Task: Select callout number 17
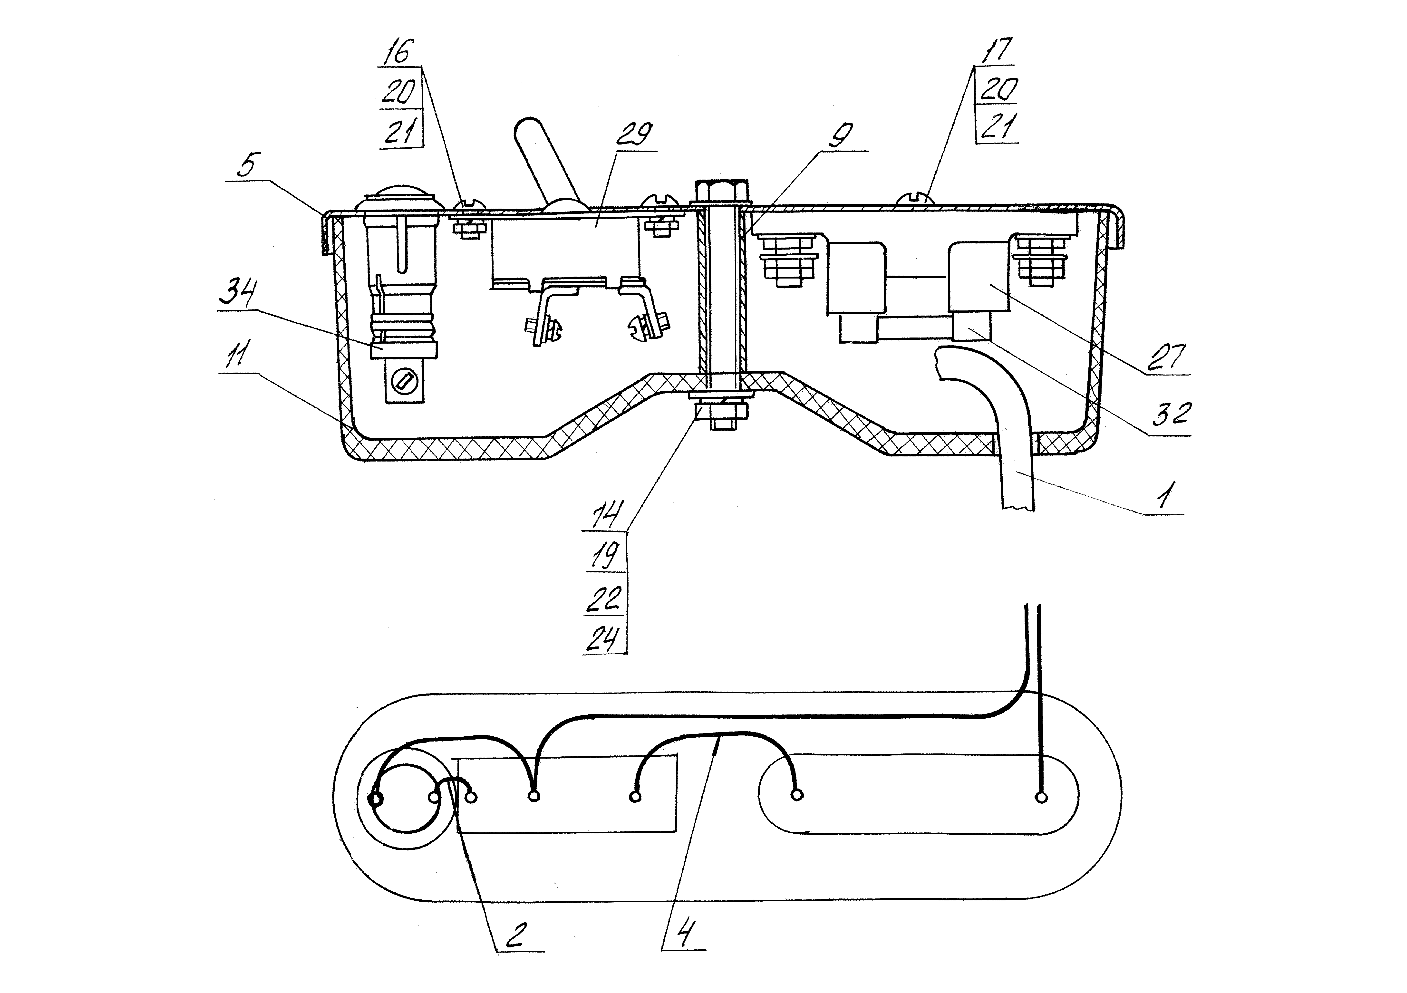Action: point(997,50)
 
